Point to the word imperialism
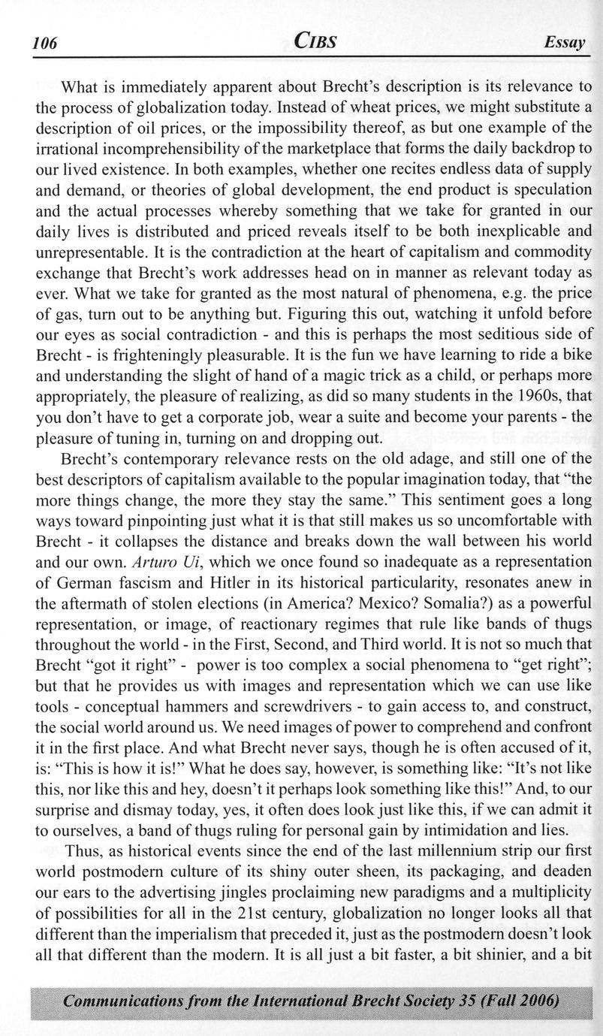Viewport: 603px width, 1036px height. (x=212, y=931)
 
